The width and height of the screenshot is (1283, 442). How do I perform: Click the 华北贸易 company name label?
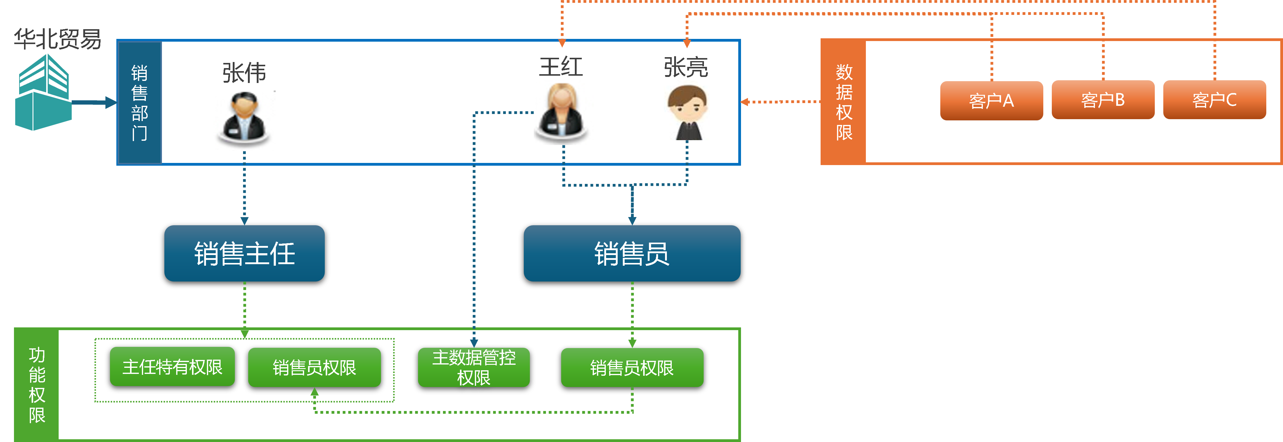(57, 39)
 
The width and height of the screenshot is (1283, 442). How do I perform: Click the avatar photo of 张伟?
(244, 121)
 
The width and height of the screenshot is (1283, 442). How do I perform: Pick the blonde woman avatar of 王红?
(563, 112)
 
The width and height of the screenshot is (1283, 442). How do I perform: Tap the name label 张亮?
(685, 67)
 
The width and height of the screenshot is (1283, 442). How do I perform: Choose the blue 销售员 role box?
(632, 253)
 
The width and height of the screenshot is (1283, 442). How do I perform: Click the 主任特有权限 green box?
(172, 367)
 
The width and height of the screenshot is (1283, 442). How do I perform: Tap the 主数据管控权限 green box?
(474, 367)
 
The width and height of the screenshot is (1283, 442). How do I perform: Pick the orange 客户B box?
(1103, 100)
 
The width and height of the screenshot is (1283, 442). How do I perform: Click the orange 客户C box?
(1214, 100)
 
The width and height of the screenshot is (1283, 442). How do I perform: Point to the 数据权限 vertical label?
(844, 102)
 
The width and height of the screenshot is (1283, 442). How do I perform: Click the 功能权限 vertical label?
(37, 385)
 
